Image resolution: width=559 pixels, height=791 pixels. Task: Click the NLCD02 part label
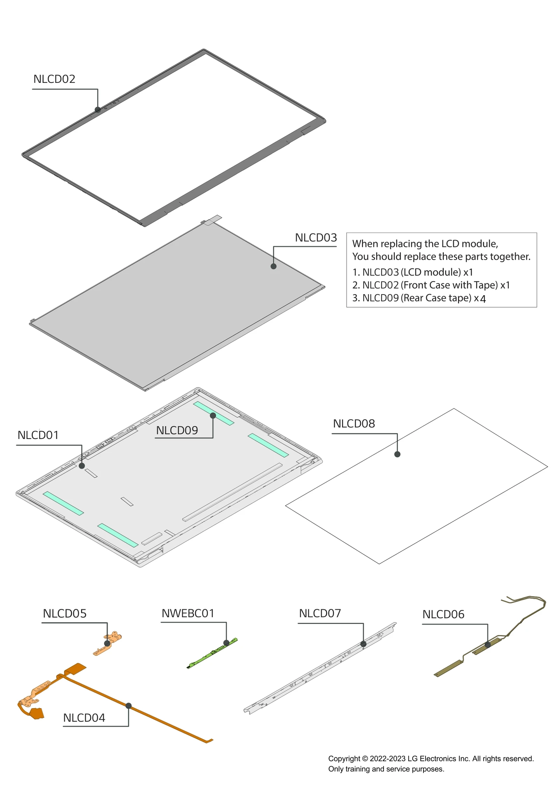pos(54,79)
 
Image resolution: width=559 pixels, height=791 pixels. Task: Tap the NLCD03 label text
pos(315,238)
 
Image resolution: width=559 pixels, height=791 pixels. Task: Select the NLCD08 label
pos(354,424)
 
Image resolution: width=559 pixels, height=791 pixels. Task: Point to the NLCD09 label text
pos(177,430)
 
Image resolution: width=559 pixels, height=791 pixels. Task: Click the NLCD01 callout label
pos(38,435)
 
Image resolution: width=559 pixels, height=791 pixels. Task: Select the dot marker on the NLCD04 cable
pos(129,706)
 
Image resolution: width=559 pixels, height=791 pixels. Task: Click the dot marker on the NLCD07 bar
pos(363,644)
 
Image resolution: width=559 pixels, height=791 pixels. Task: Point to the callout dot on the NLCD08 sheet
pos(397,454)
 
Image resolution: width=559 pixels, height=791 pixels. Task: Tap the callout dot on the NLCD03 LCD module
pos(274,266)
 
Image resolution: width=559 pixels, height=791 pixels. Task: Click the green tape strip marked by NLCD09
pos(213,413)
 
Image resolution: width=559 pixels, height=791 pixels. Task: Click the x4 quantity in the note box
pos(480,299)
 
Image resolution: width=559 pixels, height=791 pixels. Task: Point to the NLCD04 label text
pos(84,718)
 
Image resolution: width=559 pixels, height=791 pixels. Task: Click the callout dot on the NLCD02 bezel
pos(98,109)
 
